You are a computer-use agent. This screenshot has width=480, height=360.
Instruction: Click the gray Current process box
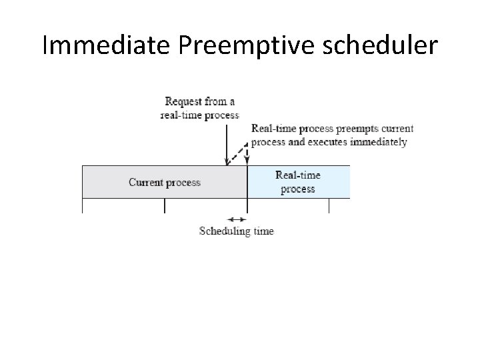164,182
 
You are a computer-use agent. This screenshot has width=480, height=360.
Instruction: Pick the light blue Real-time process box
298,182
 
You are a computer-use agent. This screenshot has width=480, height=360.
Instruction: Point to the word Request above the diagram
185,101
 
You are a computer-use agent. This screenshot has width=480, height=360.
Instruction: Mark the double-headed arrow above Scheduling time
237,219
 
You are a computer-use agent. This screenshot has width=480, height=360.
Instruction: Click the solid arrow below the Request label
228,143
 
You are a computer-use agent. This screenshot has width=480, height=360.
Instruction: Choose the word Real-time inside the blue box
297,175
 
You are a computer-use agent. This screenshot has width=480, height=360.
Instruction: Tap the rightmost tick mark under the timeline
329,205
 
